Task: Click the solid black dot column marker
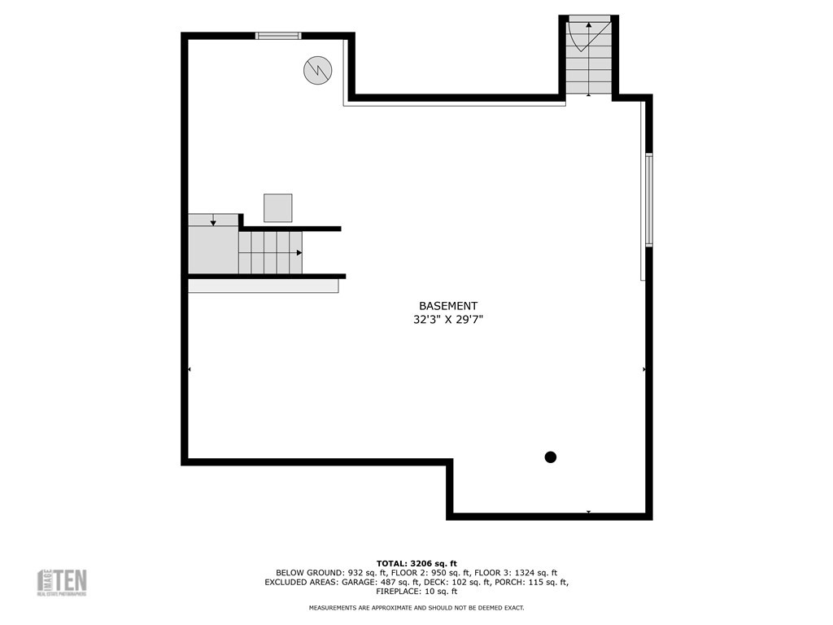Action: pos(550,457)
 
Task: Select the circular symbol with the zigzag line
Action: pos(317,70)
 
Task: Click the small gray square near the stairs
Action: pos(277,208)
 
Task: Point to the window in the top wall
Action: pos(278,36)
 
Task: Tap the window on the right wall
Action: pos(648,199)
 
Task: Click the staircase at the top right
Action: pos(588,55)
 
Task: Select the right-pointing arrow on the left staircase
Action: pos(299,252)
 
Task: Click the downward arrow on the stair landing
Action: pos(213,221)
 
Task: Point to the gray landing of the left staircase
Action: pos(213,250)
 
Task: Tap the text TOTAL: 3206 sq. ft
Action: pos(416,563)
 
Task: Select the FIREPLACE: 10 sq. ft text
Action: pos(416,592)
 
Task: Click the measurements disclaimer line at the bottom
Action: pos(416,608)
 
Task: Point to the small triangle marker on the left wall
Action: pos(190,369)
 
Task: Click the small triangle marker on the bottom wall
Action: pos(588,512)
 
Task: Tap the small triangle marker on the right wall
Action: pos(644,369)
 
